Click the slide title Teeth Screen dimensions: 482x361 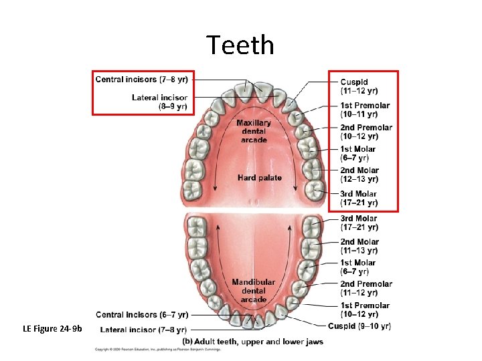pyautogui.click(x=240, y=45)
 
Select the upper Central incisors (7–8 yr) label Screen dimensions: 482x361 pyautogui.click(x=141, y=80)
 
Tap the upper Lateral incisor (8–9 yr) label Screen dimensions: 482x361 pyautogui.click(x=159, y=102)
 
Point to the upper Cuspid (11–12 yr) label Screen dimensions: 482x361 pyautogui.click(x=359, y=86)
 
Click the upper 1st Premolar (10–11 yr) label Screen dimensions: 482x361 pyautogui.click(x=364, y=110)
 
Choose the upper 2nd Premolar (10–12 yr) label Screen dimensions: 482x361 pyautogui.click(x=366, y=132)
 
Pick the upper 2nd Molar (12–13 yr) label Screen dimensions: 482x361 pyautogui.click(x=359, y=174)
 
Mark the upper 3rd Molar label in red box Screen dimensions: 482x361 pyautogui.click(x=359, y=198)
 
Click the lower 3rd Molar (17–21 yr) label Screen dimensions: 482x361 pyautogui.click(x=359, y=223)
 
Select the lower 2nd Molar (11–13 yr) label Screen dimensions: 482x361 pyautogui.click(x=359, y=246)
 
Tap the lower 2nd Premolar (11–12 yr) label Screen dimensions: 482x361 pyautogui.click(x=366, y=288)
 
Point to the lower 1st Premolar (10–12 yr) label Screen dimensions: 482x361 pyautogui.click(x=364, y=310)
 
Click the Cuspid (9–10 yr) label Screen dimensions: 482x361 pyautogui.click(x=359, y=326)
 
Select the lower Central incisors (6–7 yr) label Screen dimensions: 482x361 pyautogui.click(x=142, y=314)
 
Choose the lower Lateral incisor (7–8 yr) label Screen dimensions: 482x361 pyautogui.click(x=144, y=329)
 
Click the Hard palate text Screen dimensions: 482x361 pyautogui.click(x=260, y=178)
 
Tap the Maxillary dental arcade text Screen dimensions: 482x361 pyautogui.click(x=254, y=132)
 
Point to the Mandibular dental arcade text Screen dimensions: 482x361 pyautogui.click(x=254, y=291)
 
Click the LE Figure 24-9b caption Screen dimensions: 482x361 pyautogui.click(x=52, y=328)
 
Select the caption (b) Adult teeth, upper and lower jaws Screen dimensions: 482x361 pyautogui.click(x=252, y=342)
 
